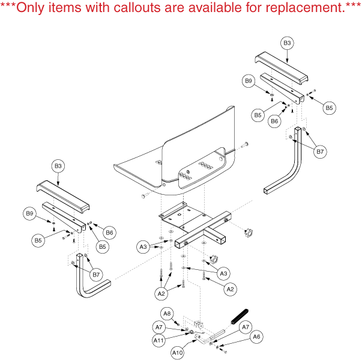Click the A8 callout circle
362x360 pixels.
(x=167, y=313)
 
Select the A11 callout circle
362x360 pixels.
(x=159, y=340)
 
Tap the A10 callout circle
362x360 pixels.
(x=178, y=353)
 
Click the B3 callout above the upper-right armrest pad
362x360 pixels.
(x=287, y=43)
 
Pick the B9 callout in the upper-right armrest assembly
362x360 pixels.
(x=249, y=81)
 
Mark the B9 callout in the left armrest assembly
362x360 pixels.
(x=29, y=213)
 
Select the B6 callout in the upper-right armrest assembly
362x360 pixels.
(x=275, y=120)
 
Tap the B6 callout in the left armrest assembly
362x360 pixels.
(x=110, y=232)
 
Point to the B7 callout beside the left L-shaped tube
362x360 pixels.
(x=95, y=275)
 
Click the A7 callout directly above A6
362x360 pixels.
(x=245, y=327)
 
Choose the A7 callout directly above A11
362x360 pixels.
(x=159, y=327)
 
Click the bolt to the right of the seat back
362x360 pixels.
(x=245, y=145)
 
